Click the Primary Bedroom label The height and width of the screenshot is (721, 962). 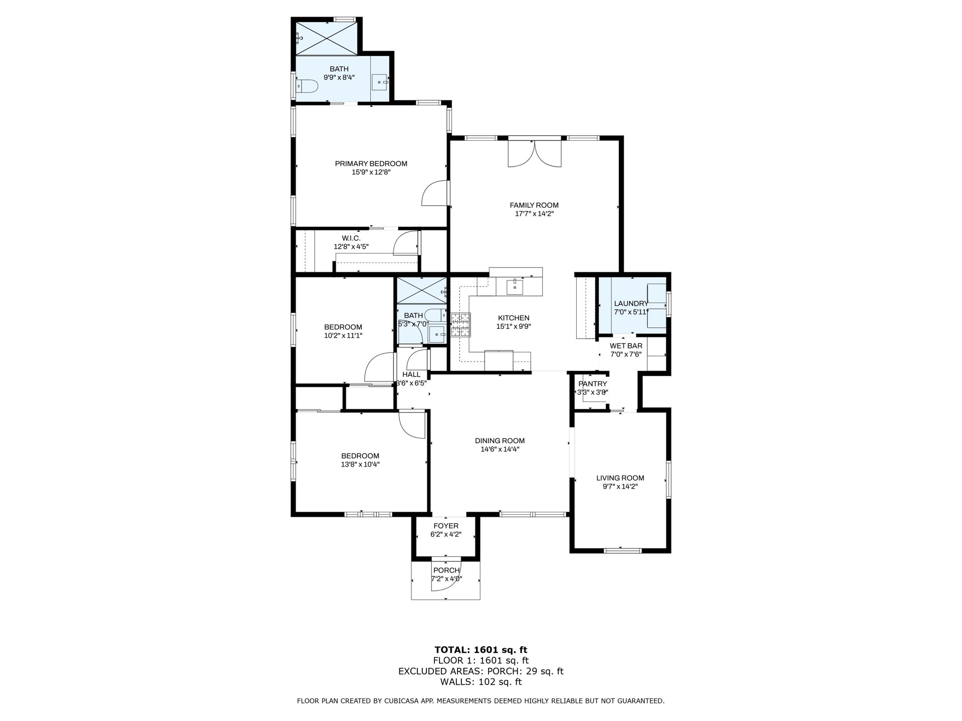[x=371, y=164]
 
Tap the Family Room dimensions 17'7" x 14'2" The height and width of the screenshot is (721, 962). [x=534, y=214]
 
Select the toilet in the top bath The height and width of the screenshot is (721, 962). [x=307, y=86]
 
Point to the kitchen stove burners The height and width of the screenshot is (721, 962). [x=460, y=324]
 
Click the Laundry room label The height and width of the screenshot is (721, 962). [x=631, y=303]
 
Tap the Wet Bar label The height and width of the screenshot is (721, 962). [x=626, y=346]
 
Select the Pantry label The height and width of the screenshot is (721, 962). [x=593, y=384]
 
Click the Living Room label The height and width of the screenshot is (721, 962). [x=620, y=478]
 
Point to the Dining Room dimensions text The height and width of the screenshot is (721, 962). [x=500, y=450]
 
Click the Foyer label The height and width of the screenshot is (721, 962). [x=446, y=526]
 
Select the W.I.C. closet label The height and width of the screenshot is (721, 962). [x=351, y=238]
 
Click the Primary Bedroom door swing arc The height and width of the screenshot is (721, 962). [x=434, y=193]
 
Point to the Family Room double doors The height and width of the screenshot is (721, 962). [x=535, y=153]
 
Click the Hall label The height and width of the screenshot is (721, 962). [x=411, y=375]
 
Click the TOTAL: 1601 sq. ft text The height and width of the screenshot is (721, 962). [x=481, y=650]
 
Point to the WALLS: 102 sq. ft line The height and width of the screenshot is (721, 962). [x=481, y=682]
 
